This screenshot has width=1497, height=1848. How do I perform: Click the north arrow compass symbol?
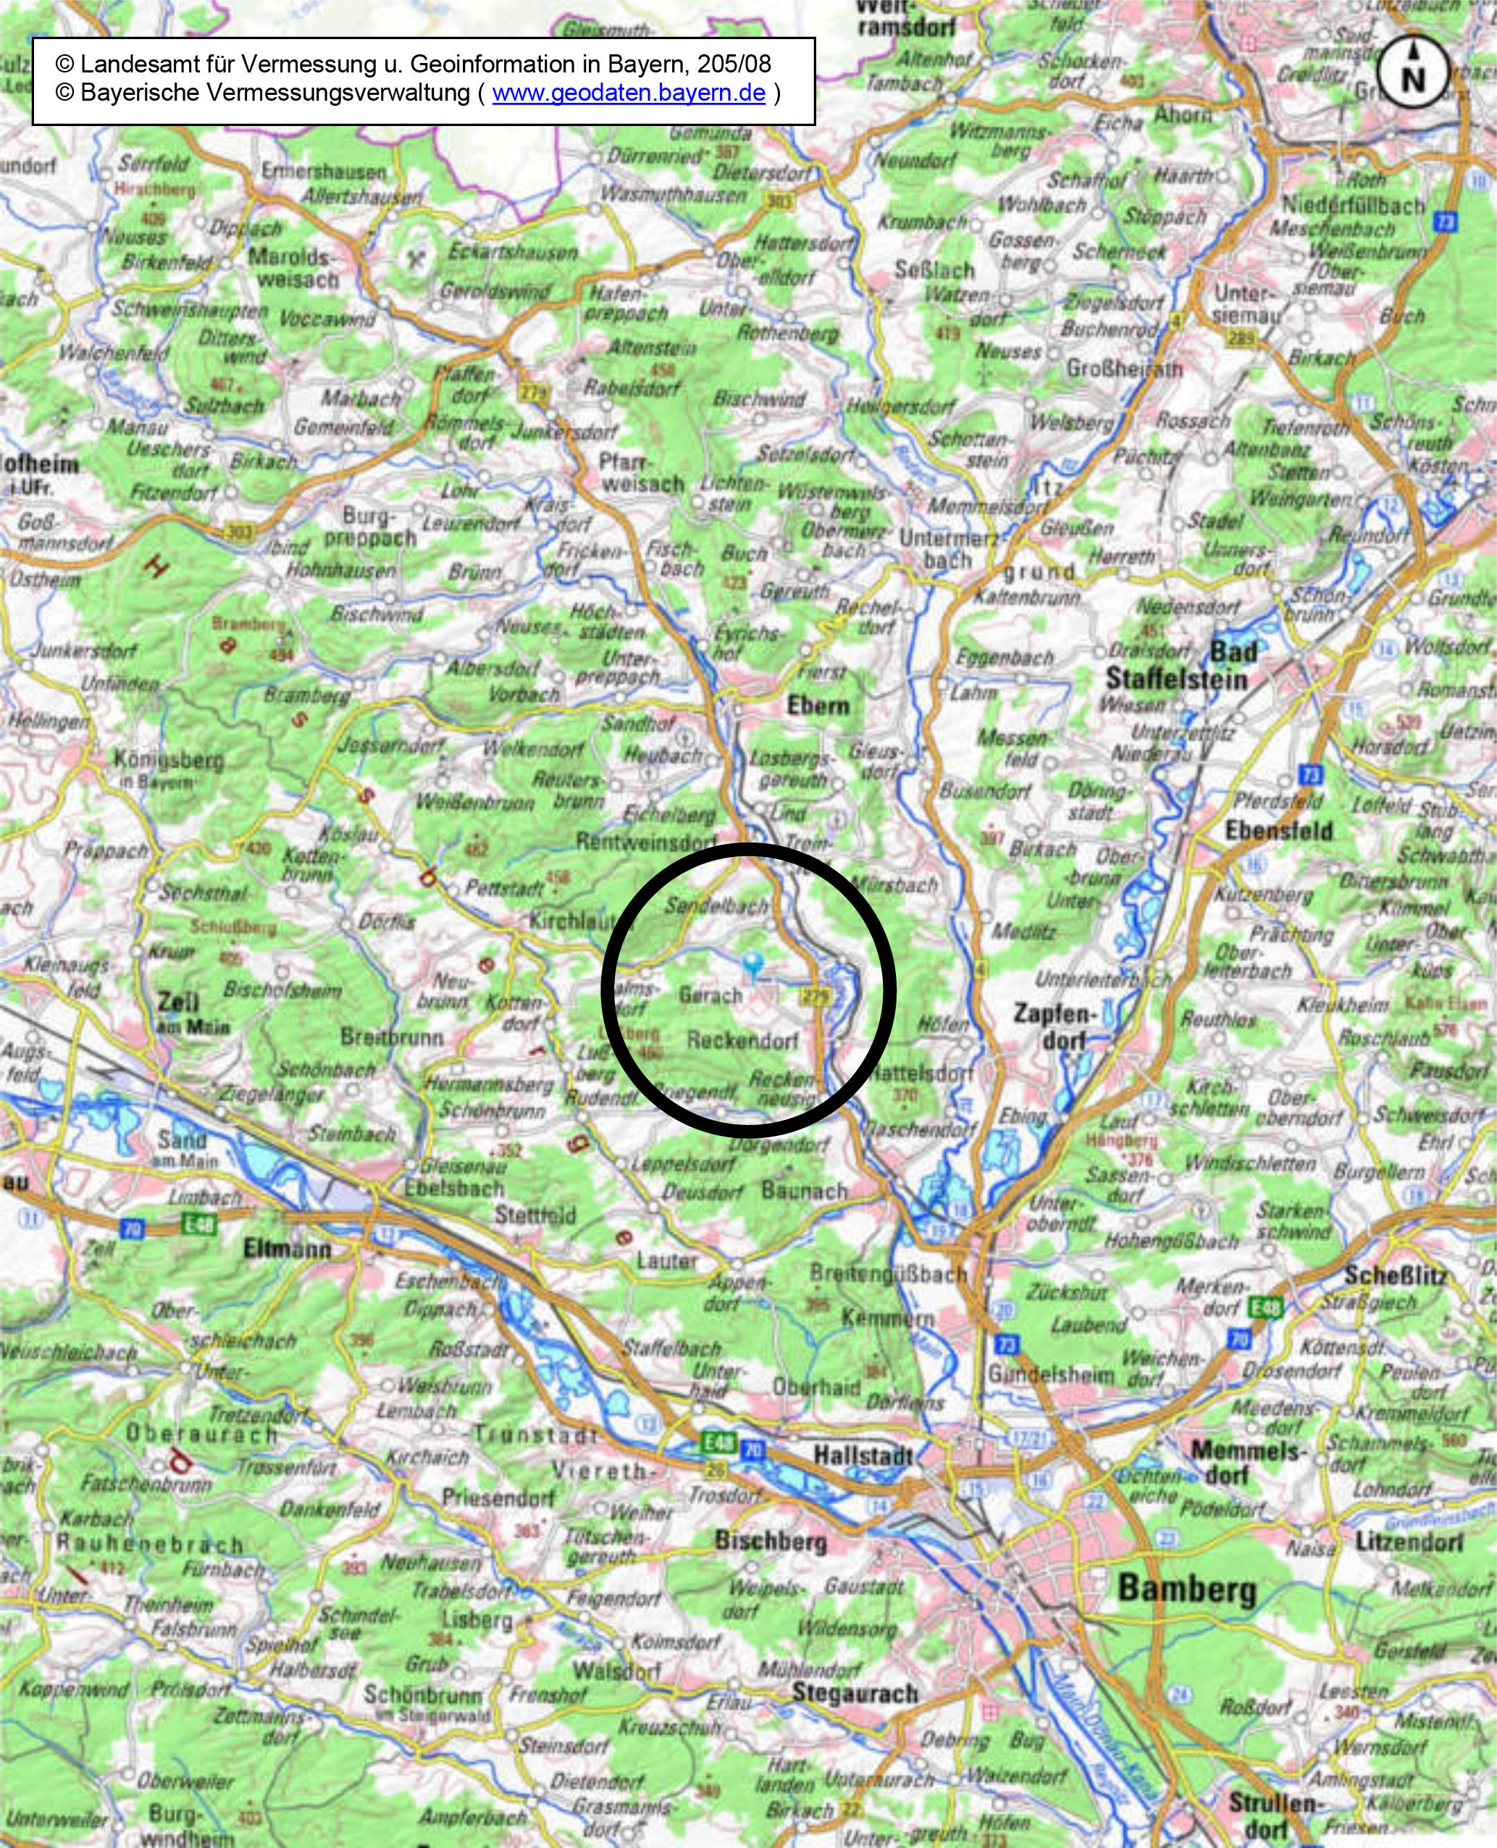(x=1412, y=72)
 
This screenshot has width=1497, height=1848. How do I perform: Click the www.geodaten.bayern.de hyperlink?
(x=629, y=93)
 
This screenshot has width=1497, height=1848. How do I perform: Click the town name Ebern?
(x=818, y=706)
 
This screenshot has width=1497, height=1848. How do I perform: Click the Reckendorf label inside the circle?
(x=742, y=1040)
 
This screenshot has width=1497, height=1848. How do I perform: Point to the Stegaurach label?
(x=855, y=1692)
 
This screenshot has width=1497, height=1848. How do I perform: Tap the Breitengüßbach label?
(x=887, y=1273)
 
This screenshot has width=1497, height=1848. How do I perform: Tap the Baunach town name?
(x=804, y=1191)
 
